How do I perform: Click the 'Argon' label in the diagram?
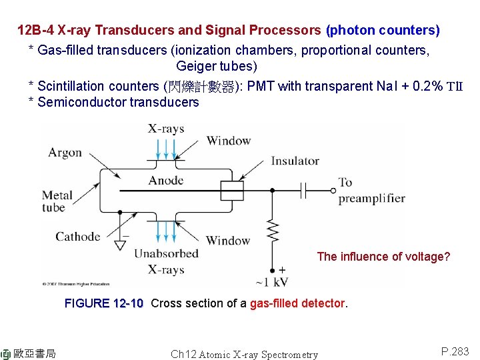point(65,153)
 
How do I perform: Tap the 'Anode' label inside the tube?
point(166,181)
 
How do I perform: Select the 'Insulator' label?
point(295,161)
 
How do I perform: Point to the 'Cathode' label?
point(78,237)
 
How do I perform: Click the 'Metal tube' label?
point(57,201)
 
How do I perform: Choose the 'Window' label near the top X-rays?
point(228,141)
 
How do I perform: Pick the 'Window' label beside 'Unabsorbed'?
point(228,240)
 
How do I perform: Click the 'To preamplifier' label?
point(371,190)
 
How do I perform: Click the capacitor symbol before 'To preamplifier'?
point(303,191)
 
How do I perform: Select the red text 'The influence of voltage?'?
point(383,257)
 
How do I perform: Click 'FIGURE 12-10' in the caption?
point(104,303)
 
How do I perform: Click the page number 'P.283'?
point(455,351)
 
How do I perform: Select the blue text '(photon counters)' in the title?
point(383,31)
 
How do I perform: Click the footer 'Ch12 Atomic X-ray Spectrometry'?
point(244,355)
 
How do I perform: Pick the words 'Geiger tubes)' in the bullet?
point(217,67)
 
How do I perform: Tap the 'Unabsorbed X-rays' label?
point(166,261)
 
